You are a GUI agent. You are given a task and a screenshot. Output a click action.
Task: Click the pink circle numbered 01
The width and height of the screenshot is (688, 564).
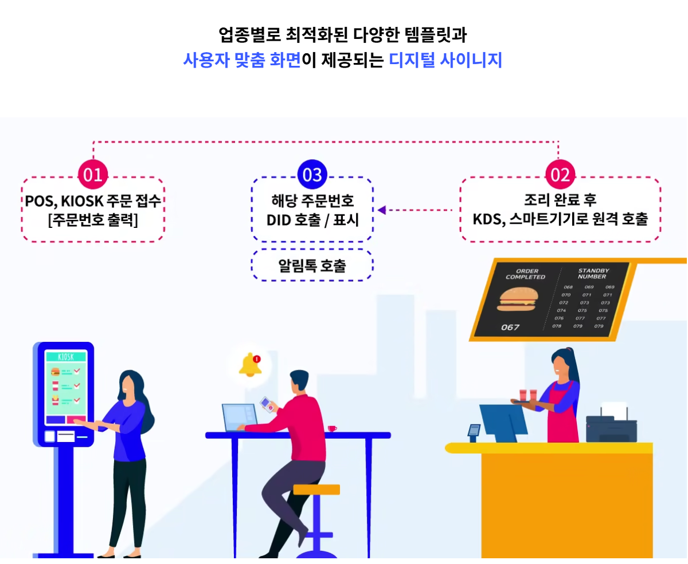point(93,175)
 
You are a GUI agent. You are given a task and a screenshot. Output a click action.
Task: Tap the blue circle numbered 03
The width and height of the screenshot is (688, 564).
point(312,175)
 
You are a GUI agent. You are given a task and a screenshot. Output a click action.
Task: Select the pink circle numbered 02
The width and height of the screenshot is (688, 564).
point(560,175)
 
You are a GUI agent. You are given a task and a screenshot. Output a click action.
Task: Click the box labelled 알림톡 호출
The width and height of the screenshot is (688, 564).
point(312,265)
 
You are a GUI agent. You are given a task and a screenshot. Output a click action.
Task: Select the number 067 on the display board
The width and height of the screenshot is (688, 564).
point(510,328)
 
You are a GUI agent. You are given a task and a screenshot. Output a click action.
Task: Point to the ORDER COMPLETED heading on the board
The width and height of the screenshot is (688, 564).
point(525,274)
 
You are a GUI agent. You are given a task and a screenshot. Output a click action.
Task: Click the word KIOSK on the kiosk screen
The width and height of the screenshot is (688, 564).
point(66,357)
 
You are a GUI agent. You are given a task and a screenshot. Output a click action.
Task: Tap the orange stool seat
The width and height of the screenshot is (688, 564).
point(316,489)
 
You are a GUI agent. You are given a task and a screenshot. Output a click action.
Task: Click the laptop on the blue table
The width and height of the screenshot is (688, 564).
point(240,417)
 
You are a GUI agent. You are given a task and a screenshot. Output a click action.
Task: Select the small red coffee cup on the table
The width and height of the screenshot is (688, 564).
point(331,428)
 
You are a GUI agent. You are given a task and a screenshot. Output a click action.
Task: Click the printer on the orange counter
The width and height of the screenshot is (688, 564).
point(611,427)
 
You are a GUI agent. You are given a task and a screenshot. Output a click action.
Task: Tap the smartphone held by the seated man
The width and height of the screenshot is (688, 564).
point(266,404)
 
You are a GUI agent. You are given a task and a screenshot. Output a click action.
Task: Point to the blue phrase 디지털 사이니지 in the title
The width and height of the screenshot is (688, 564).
point(445,60)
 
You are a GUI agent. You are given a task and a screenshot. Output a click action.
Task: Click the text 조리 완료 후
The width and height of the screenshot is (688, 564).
point(560,200)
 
